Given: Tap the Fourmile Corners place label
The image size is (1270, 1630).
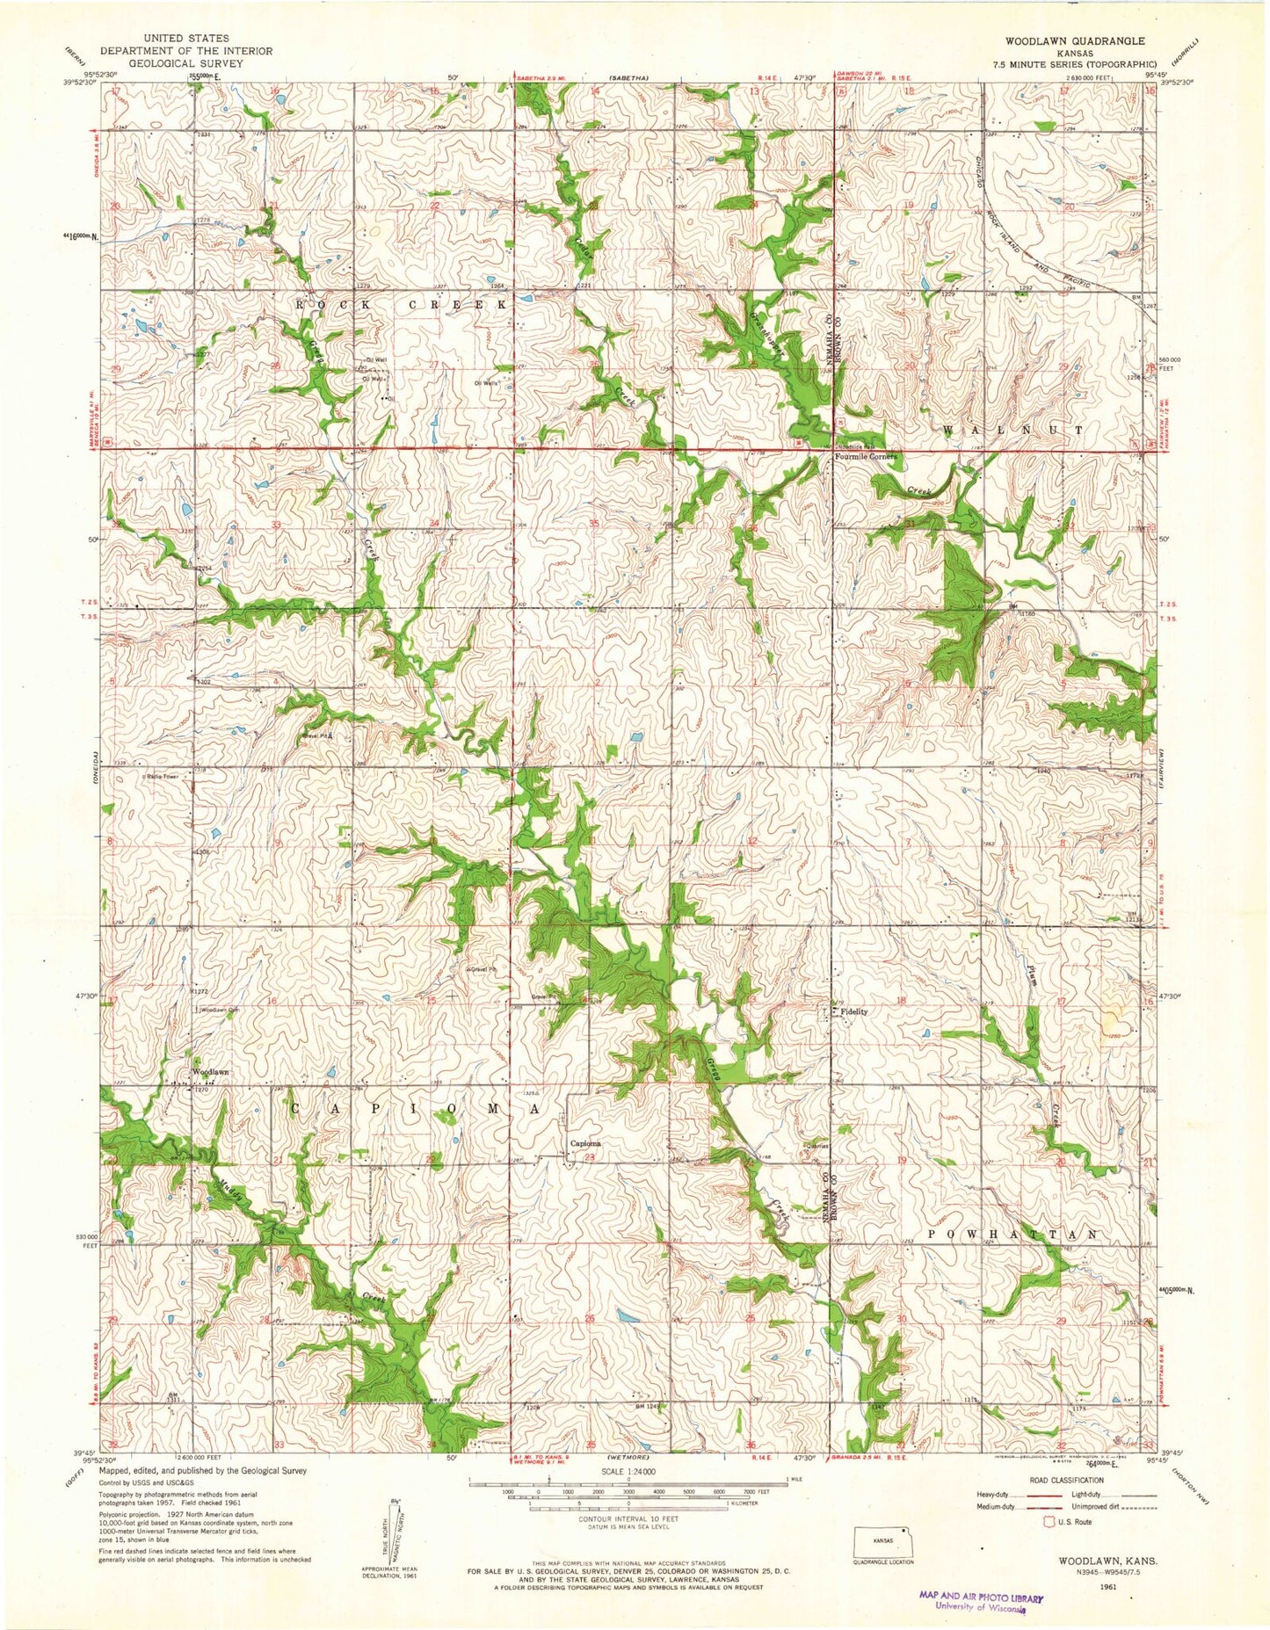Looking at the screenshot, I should coord(867,457).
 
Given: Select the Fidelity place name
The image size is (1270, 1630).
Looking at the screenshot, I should coord(853,1011).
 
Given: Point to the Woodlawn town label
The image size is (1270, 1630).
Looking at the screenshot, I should coord(211,1073).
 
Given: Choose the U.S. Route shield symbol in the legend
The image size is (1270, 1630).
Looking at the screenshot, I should coord(1048,1521).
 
